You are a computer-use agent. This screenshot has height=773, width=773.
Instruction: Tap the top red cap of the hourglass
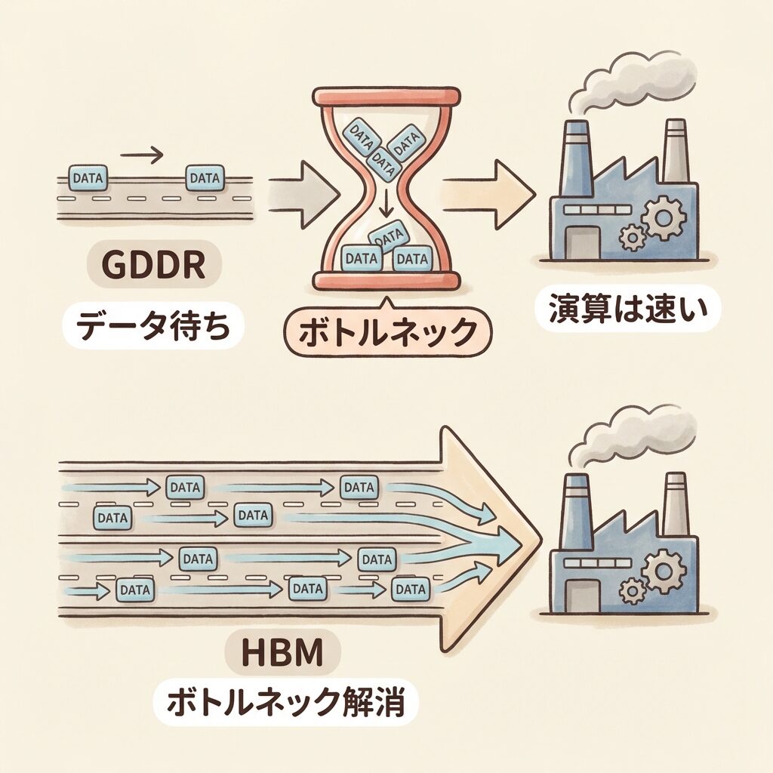click(386, 97)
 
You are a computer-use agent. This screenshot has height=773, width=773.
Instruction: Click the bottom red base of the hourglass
click(386, 282)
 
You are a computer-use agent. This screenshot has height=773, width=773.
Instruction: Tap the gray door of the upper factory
click(582, 241)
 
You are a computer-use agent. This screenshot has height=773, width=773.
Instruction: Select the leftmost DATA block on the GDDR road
click(88, 177)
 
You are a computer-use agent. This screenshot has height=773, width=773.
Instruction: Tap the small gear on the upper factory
click(632, 237)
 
